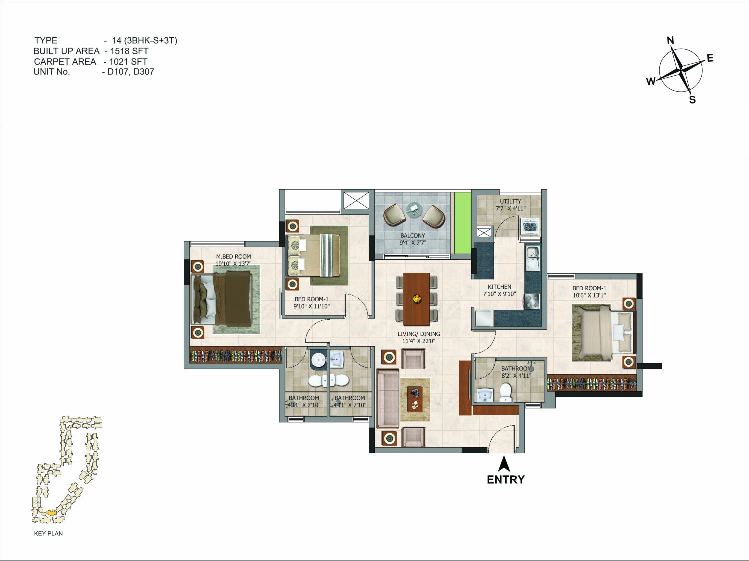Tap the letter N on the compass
click(x=670, y=41)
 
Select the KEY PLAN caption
click(x=48, y=533)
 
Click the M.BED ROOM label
click(x=233, y=257)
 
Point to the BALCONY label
click(x=413, y=235)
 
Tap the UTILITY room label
click(x=511, y=201)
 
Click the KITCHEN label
click(x=499, y=287)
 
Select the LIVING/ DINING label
click(x=419, y=334)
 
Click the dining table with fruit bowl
click(x=416, y=299)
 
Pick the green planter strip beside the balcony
click(x=463, y=223)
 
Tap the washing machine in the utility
click(x=530, y=225)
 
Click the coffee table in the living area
click(x=415, y=399)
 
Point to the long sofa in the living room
click(x=388, y=398)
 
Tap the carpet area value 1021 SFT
click(x=128, y=62)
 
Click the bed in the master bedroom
click(x=222, y=300)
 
